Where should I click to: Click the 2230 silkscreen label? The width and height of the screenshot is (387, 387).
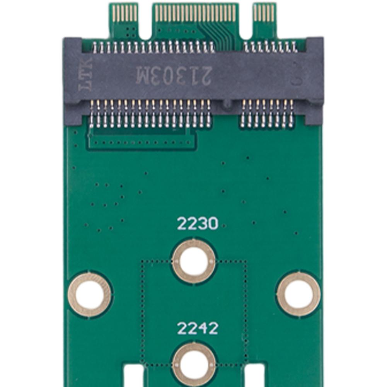click(197, 224)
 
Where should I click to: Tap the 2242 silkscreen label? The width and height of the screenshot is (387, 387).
click(197, 328)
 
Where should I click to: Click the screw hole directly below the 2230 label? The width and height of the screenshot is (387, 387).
click(194, 261)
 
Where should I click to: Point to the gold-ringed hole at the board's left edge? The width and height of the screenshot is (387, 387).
click(90, 295)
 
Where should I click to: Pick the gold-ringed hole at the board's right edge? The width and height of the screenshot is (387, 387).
click(298, 293)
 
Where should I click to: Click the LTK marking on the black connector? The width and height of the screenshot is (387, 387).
click(85, 74)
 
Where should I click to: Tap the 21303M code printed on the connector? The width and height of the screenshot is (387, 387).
click(173, 75)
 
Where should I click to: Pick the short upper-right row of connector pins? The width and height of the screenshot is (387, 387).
click(270, 47)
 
